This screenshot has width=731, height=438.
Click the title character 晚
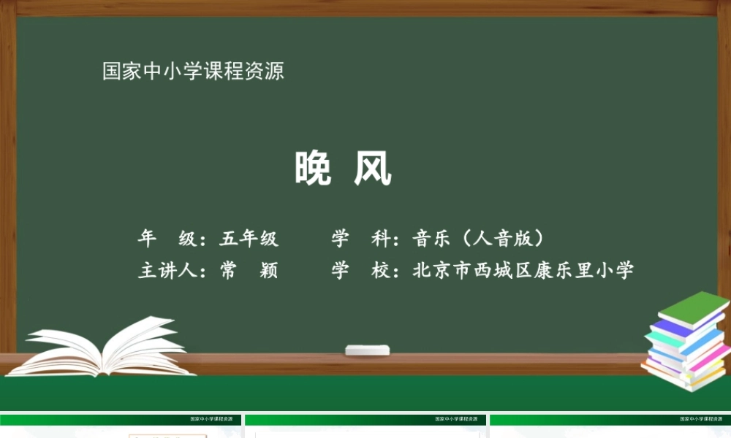[x=314, y=169]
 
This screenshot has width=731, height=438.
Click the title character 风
[x=373, y=169]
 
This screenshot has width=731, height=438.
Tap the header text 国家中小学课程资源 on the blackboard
[x=193, y=72]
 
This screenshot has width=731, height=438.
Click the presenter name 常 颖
[x=249, y=271]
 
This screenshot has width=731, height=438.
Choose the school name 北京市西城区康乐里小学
[x=523, y=271]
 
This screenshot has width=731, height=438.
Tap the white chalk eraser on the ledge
[x=367, y=350]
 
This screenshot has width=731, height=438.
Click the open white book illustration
[x=110, y=348]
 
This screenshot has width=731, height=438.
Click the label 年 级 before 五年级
[x=167, y=239]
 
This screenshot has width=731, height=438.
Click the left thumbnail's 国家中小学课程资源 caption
[x=216, y=420]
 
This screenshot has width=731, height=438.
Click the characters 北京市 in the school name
[x=442, y=271]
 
